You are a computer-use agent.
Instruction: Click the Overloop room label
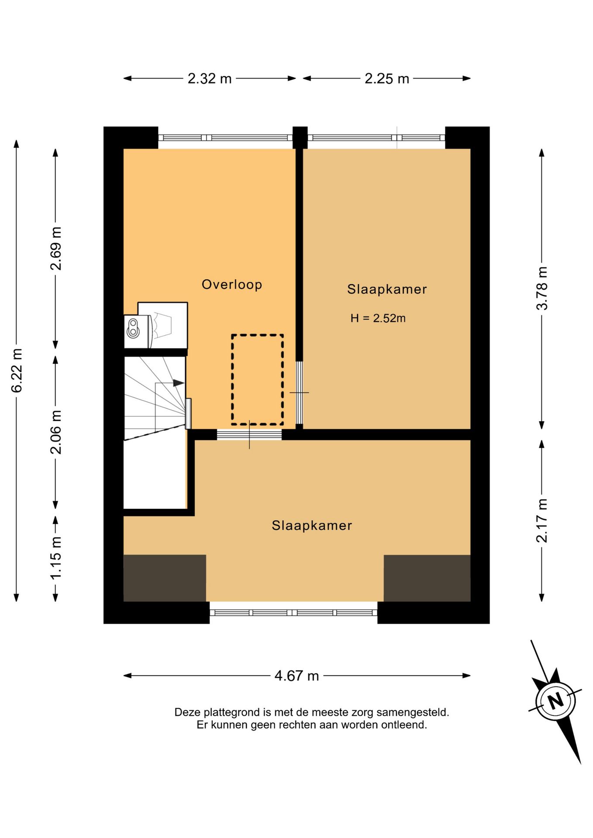tap(232, 285)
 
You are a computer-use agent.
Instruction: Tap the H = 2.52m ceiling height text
tap(378, 318)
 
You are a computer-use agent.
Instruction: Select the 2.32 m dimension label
tap(210, 79)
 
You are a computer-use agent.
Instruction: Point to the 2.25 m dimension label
tap(387, 79)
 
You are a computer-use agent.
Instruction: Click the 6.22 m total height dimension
tap(17, 371)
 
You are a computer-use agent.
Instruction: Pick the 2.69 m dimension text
tap(56, 248)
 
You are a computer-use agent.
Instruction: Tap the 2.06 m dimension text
tap(56, 432)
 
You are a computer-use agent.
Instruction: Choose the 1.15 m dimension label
tap(56, 558)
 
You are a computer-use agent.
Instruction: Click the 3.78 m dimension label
tap(542, 288)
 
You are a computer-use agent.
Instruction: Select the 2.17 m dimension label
tap(542, 521)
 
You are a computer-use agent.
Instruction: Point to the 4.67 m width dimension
tap(296, 676)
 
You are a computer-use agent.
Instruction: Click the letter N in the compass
tap(555, 701)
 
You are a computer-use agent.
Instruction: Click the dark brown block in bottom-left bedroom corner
tap(165, 578)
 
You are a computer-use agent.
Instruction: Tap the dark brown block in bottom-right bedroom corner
tap(427, 578)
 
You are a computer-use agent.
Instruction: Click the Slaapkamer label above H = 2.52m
tap(387, 289)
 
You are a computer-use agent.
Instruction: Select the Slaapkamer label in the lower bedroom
tap(312, 525)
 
